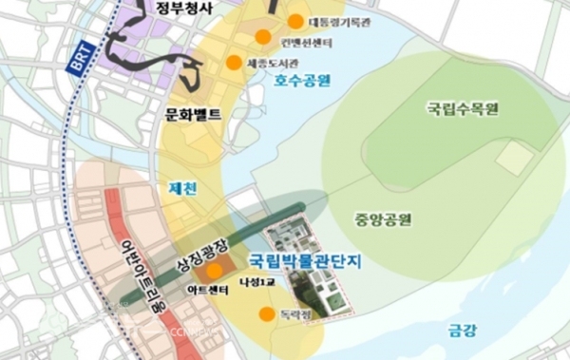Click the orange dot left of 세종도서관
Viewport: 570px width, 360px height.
[x=233, y=63]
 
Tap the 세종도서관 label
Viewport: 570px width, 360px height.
[x=269, y=63]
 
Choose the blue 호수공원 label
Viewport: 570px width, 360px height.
[x=302, y=82]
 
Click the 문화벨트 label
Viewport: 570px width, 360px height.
[x=193, y=115]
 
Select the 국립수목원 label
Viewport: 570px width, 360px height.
[x=463, y=109]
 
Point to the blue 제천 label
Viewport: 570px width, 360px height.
[x=183, y=188]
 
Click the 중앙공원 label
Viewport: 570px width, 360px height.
[x=384, y=219]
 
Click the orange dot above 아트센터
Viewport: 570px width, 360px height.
[x=215, y=271]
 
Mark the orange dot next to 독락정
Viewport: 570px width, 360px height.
[x=267, y=314]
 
